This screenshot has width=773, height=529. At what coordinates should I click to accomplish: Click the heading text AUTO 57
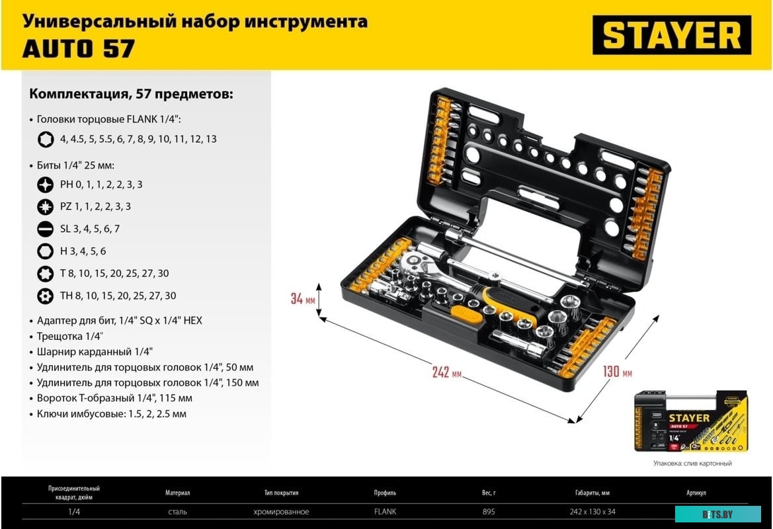tap(79, 48)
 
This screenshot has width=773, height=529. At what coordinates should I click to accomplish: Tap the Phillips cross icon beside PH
tap(46, 184)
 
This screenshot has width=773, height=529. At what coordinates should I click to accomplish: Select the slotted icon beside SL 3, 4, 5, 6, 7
tap(46, 229)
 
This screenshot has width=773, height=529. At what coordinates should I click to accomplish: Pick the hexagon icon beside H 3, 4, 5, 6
tap(46, 251)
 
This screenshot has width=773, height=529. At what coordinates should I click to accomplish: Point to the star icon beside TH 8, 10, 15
tap(46, 296)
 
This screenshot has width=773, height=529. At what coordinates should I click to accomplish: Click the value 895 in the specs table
tap(489, 512)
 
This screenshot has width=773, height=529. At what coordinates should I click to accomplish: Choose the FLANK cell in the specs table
tap(385, 512)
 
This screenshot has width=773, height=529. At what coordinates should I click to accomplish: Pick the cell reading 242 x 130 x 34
tap(592, 512)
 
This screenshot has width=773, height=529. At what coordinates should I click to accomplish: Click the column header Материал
tap(177, 493)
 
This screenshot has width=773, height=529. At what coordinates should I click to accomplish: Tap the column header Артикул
tap(696, 493)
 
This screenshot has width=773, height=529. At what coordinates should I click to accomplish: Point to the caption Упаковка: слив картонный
tap(692, 464)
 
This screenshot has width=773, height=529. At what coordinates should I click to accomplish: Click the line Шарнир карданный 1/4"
tap(95, 352)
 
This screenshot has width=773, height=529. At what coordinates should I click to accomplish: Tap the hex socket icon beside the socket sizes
tap(46, 140)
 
